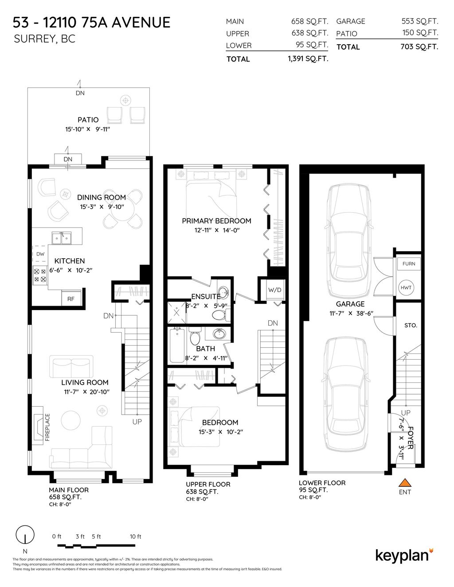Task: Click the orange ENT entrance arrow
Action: (x=404, y=482)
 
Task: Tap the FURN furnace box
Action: (x=408, y=264)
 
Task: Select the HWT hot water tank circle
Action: (x=406, y=288)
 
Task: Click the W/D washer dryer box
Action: (x=274, y=290)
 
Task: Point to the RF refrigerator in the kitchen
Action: (x=70, y=299)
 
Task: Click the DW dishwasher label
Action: (x=40, y=254)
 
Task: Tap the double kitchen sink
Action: (x=62, y=238)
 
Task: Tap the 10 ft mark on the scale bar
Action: (x=136, y=536)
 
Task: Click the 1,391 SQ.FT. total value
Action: (x=308, y=59)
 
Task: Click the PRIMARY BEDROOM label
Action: (x=216, y=221)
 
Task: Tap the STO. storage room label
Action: (x=411, y=325)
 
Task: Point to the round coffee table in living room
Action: (x=71, y=420)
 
